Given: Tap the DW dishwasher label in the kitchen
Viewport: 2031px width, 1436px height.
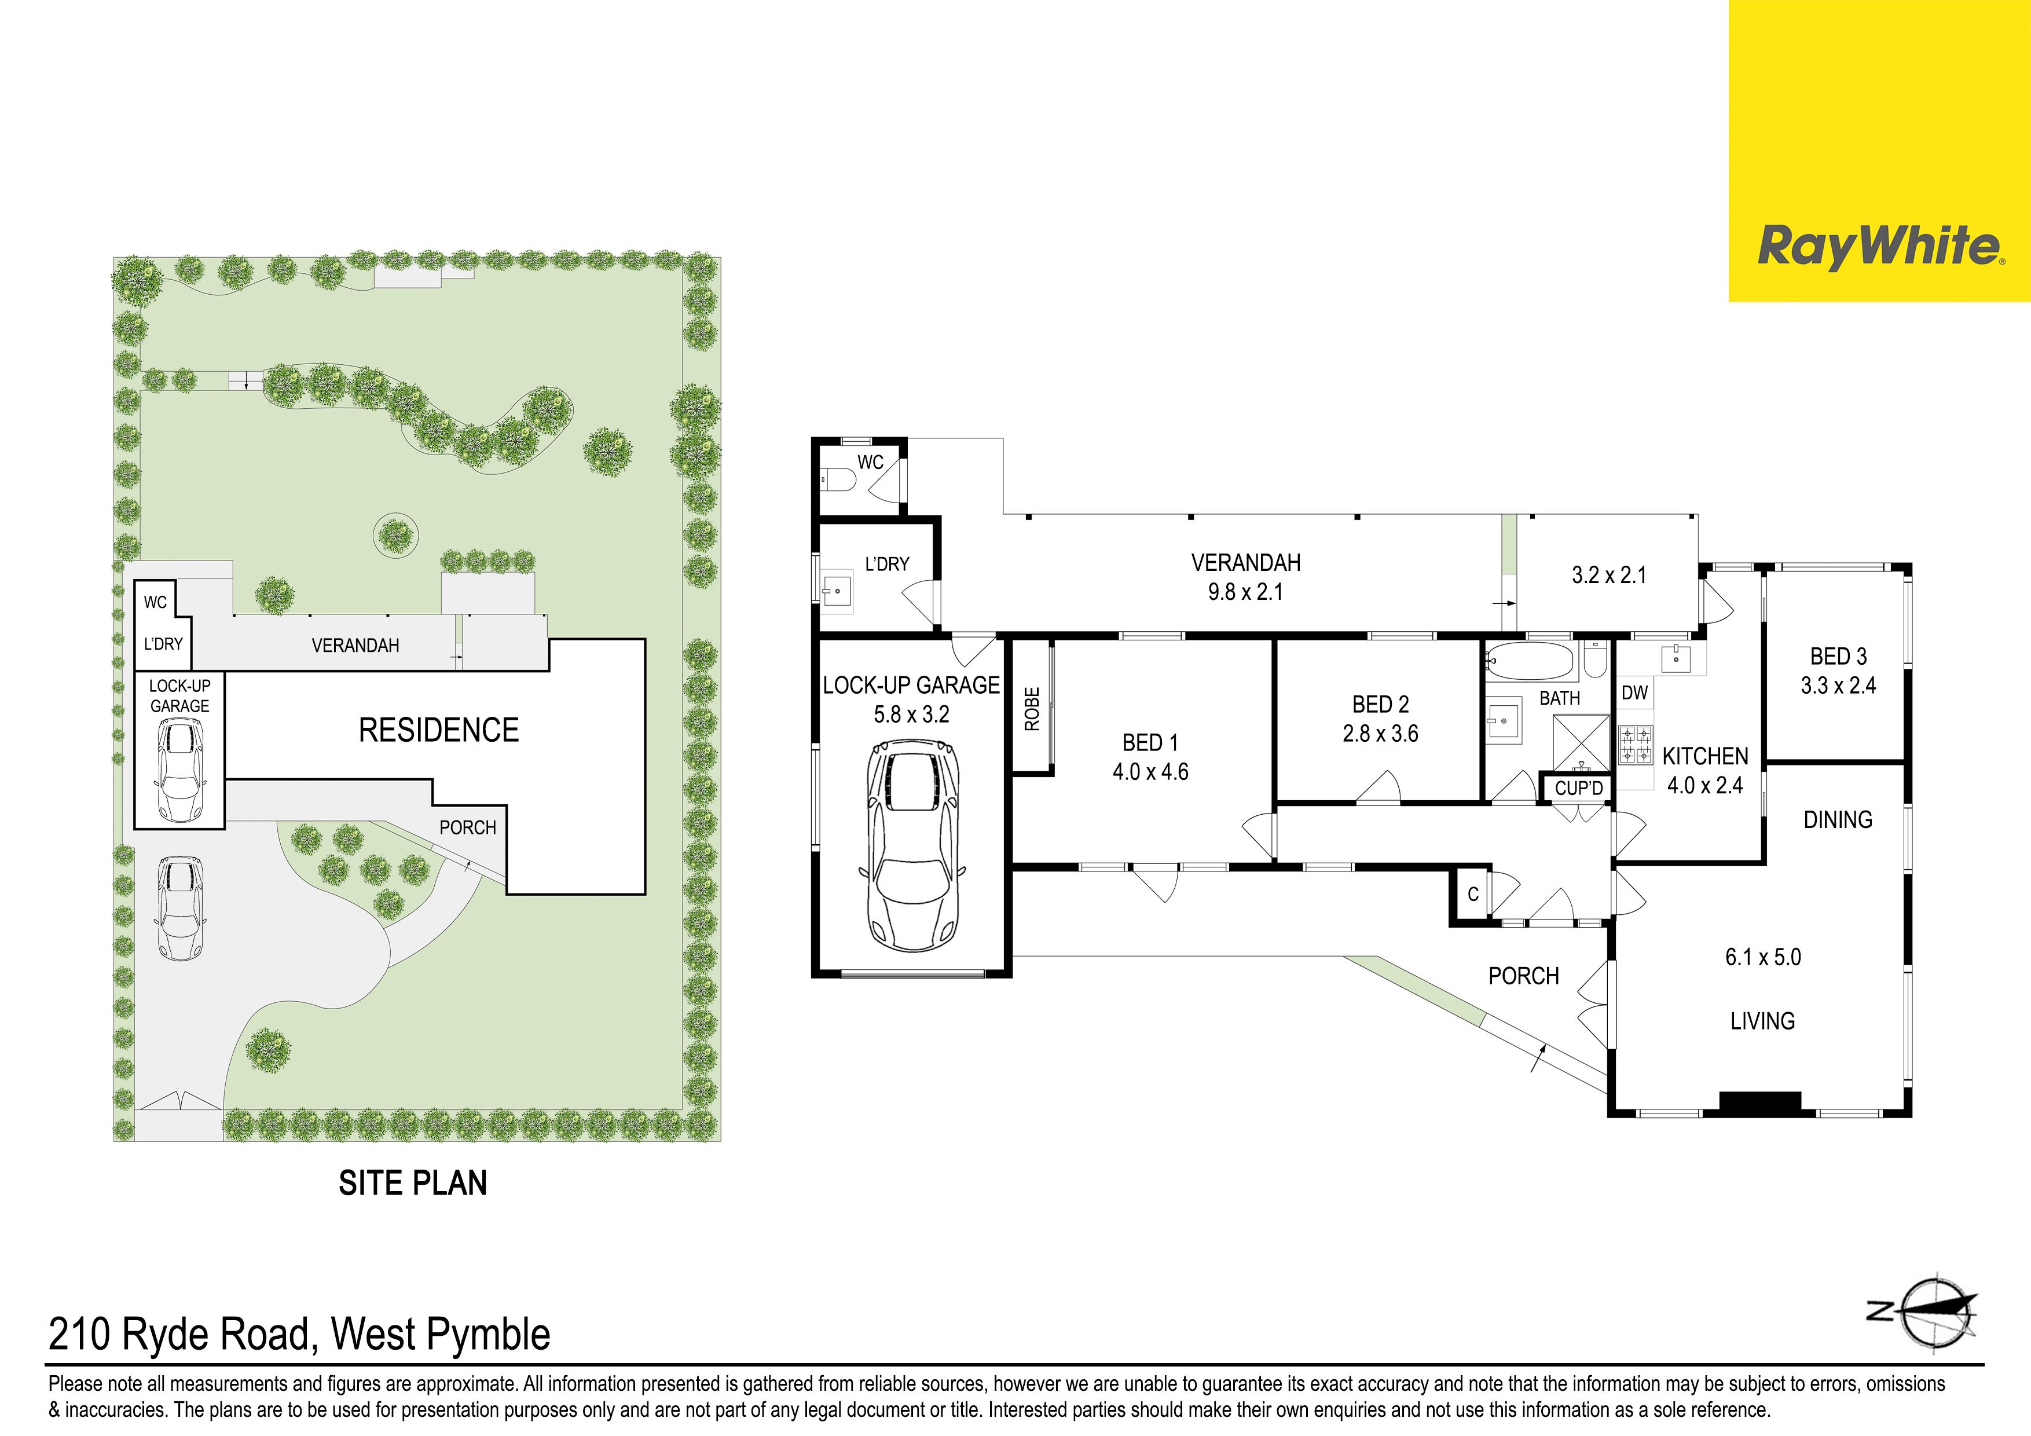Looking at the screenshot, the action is (1635, 693).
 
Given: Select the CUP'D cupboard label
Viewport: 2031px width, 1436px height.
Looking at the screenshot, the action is (1579, 787).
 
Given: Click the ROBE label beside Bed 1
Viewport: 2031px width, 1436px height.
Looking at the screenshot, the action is (1032, 709).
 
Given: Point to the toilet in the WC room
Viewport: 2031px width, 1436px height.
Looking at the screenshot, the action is (838, 481).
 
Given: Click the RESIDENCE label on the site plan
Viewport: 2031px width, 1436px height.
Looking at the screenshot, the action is (439, 730).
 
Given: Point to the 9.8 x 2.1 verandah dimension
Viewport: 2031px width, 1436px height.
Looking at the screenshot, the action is (1245, 592).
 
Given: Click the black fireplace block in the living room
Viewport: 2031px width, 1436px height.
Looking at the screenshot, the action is (1759, 1101).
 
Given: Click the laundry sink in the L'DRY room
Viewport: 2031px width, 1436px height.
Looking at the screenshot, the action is (837, 589).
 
